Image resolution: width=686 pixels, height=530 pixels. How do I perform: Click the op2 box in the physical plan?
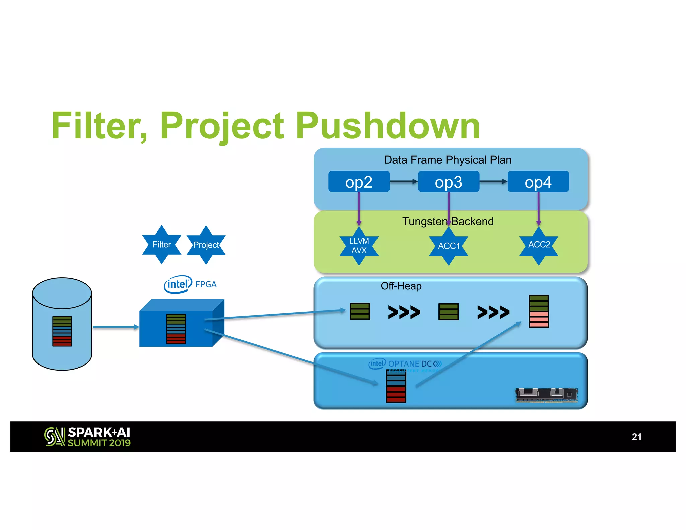(x=359, y=182)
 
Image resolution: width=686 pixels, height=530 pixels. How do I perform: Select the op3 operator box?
(x=448, y=182)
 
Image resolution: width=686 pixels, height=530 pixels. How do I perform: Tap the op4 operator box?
(x=538, y=182)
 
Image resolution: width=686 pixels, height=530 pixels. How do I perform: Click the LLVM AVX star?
(x=359, y=246)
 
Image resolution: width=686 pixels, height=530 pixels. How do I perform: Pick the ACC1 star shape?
(x=449, y=246)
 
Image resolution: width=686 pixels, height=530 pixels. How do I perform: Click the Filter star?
(x=161, y=245)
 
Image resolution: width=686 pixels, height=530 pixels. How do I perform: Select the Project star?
(x=206, y=245)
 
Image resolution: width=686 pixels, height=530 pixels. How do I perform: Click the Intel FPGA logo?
(x=190, y=284)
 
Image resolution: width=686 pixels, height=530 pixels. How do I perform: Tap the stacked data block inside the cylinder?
(x=62, y=331)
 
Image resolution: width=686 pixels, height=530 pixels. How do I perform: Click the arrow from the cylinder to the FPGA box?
(x=116, y=327)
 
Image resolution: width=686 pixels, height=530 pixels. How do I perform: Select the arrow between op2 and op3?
(x=404, y=181)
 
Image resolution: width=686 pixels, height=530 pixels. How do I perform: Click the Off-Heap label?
(x=401, y=286)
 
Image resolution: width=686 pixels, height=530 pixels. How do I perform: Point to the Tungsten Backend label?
(x=448, y=221)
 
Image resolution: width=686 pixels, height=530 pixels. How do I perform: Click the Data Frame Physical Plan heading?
(x=448, y=160)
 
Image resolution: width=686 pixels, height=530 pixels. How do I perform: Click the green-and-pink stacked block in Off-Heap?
(x=539, y=311)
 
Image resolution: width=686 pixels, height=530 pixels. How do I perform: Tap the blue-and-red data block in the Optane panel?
(x=396, y=386)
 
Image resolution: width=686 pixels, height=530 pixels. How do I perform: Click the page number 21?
(x=636, y=437)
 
